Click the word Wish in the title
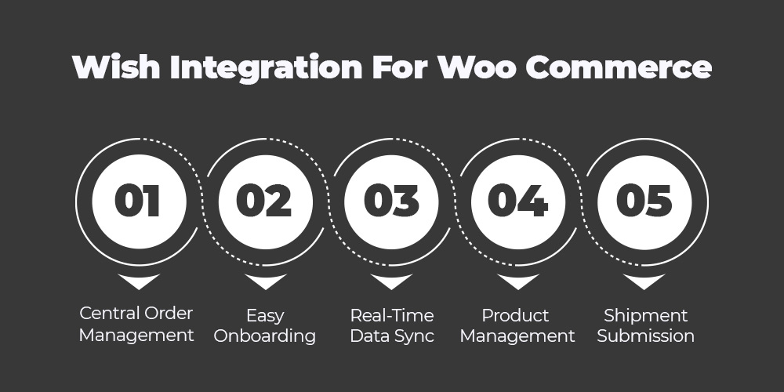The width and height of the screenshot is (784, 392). coord(116,67)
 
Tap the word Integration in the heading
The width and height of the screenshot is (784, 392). coord(266,67)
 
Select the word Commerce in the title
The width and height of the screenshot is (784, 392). coord(618,67)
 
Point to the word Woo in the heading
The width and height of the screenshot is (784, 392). coord(477,67)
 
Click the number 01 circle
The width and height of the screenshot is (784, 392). coord(139,201)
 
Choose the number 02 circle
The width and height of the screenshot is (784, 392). coord(266,201)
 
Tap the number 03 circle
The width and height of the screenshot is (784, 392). coord(391,201)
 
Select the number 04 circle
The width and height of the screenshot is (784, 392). coord(518,201)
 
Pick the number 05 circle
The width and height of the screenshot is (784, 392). coord(644,201)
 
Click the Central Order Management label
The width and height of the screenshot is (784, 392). coord(136,325)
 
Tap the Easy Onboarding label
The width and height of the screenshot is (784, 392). coord(265,326)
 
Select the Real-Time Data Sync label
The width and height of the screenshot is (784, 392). coord(391,325)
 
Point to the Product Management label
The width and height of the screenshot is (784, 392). coord(517,326)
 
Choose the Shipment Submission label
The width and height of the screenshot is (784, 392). coord(645,325)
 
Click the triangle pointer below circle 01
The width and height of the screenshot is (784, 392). coord(139,280)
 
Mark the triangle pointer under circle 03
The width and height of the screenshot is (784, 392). coord(391,280)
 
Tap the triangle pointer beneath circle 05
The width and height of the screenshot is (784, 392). coord(644,280)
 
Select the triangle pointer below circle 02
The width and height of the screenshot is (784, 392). coord(266,280)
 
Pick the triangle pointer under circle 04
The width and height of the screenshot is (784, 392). coord(518,280)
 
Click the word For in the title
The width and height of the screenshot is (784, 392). coord(400,67)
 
